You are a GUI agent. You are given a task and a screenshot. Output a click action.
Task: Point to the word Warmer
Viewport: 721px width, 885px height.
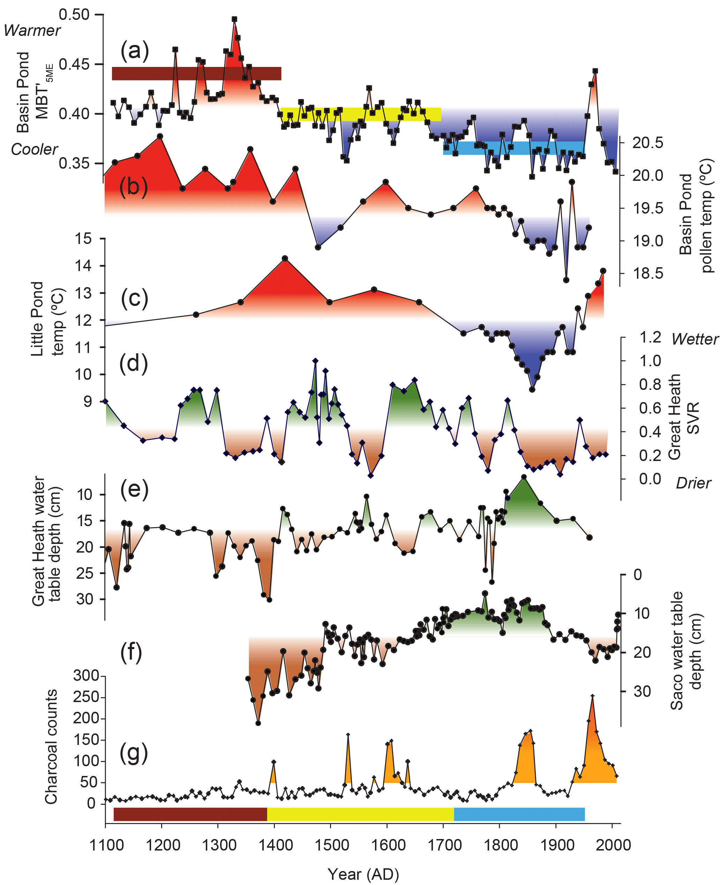point(32,30)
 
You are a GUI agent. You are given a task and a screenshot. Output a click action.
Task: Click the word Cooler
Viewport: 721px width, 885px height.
point(35,149)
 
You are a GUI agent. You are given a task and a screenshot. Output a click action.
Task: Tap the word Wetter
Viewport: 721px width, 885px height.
point(694,339)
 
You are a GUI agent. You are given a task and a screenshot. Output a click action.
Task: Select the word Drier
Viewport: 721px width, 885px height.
point(693,483)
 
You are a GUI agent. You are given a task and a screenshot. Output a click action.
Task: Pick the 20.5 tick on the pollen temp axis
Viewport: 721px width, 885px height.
point(647,143)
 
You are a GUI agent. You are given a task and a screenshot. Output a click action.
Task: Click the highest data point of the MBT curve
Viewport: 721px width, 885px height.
point(234,19)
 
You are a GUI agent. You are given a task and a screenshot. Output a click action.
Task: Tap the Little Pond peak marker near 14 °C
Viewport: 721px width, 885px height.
point(285,259)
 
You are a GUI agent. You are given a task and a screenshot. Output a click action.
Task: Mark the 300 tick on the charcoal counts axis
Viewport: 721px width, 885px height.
point(87,676)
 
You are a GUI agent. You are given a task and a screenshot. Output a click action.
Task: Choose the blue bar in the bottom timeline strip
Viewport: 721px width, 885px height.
point(519,815)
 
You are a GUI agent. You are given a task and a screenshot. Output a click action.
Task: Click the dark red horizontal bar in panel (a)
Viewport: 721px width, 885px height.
point(196,74)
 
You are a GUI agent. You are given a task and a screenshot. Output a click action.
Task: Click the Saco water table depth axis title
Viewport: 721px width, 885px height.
point(686,651)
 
